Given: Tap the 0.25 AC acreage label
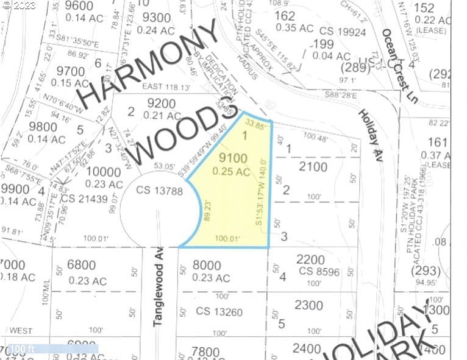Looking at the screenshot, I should pyautogui.click(x=231, y=172).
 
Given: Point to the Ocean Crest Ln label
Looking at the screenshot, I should pyautogui.click(x=399, y=66).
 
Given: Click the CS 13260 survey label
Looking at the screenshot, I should pyautogui.click(x=219, y=312).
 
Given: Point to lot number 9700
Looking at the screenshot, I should pyautogui.click(x=70, y=71).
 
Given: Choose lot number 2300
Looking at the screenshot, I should pyautogui.click(x=308, y=305).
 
